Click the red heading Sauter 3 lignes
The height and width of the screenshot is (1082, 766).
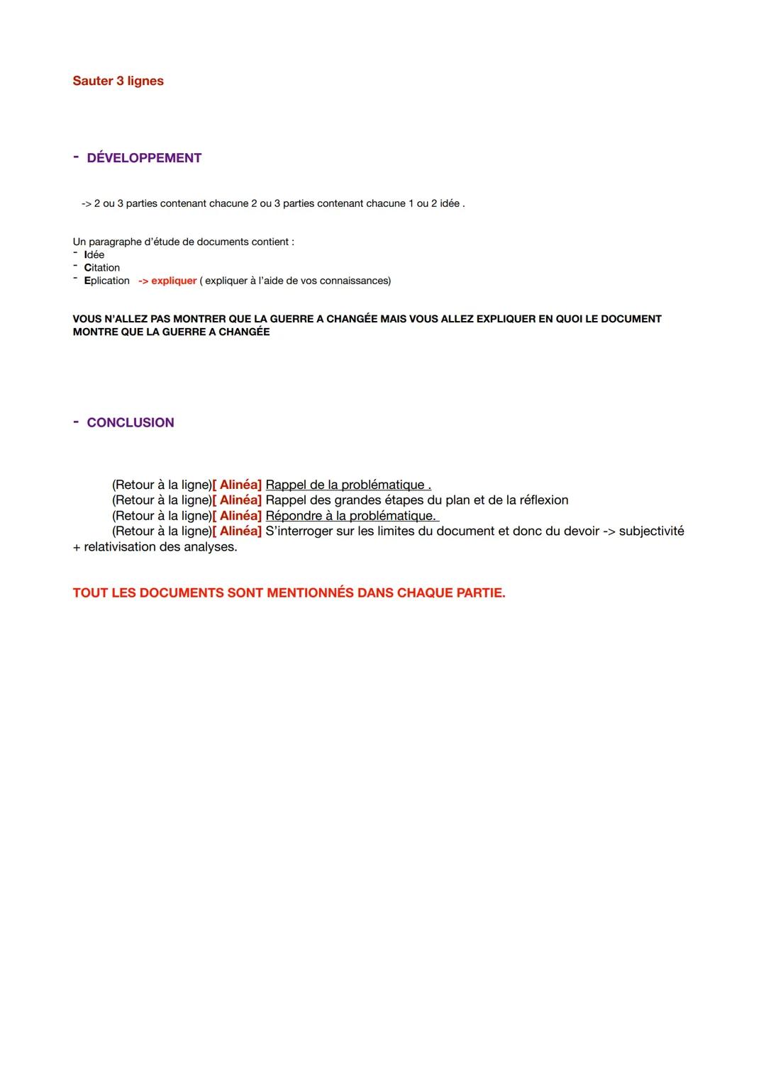(x=118, y=81)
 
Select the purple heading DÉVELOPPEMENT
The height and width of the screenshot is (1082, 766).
(x=144, y=158)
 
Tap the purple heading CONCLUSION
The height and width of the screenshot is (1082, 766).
(x=131, y=422)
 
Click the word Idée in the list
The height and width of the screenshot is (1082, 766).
(x=94, y=255)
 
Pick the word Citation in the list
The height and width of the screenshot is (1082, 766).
(x=102, y=268)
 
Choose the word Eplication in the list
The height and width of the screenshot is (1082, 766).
(x=107, y=281)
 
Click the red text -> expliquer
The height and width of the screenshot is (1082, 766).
(x=167, y=281)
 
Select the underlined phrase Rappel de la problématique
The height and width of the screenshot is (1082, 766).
(x=348, y=485)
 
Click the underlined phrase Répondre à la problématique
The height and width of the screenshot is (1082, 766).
(x=351, y=516)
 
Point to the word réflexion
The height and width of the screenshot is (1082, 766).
(x=544, y=500)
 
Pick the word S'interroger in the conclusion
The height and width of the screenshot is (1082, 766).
(x=301, y=531)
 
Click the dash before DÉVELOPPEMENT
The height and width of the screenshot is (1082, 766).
(x=76, y=157)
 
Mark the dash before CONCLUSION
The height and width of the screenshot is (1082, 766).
(x=76, y=421)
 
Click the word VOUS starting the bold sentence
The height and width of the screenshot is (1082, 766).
(x=87, y=319)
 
